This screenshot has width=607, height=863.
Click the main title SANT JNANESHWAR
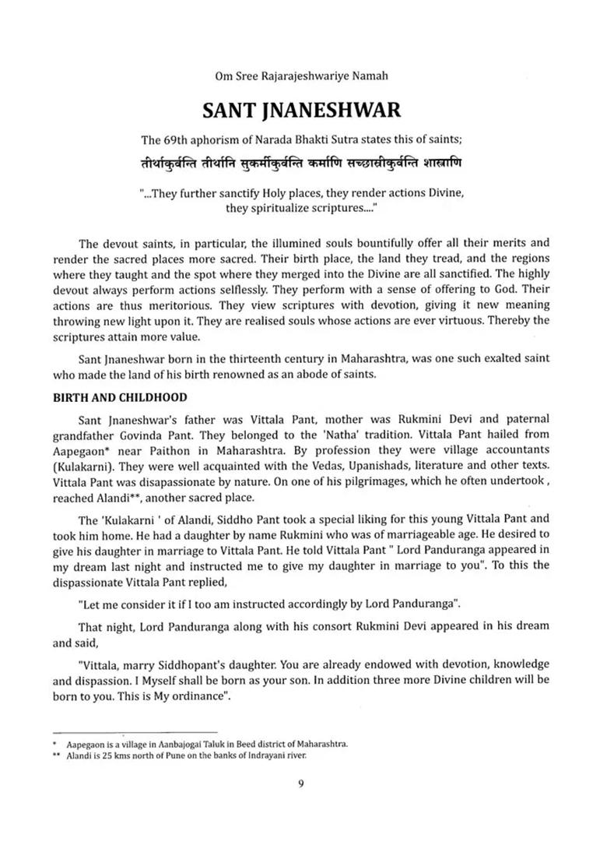302,110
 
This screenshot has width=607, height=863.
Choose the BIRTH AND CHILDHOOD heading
120,397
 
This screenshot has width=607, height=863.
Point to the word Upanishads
360,466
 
